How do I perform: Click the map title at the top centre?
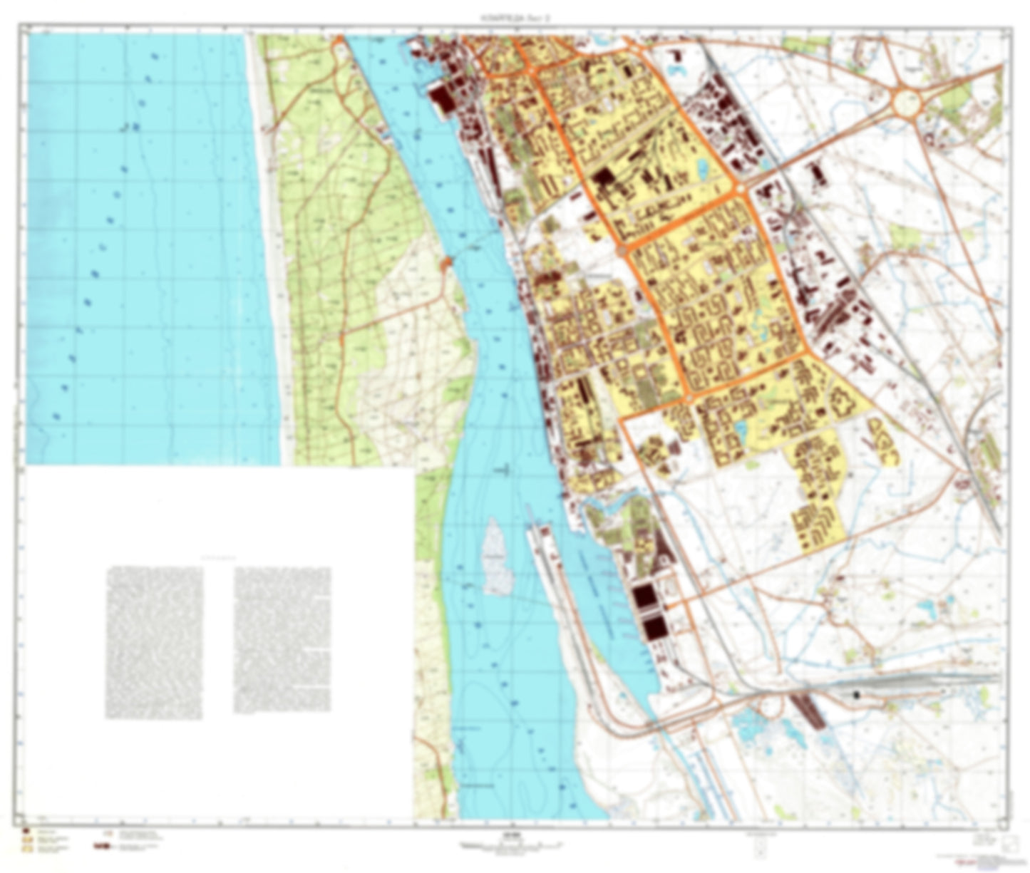(x=515, y=19)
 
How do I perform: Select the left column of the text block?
(x=154, y=642)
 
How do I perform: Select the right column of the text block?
(x=282, y=639)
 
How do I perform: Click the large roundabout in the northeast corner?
(x=906, y=103)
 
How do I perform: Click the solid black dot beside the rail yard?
(x=858, y=693)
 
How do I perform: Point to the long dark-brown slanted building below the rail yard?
(x=808, y=711)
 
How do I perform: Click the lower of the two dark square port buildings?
(x=654, y=629)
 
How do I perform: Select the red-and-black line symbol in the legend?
(x=103, y=847)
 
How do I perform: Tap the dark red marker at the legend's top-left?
(x=26, y=831)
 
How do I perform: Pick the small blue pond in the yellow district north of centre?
(x=703, y=167)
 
